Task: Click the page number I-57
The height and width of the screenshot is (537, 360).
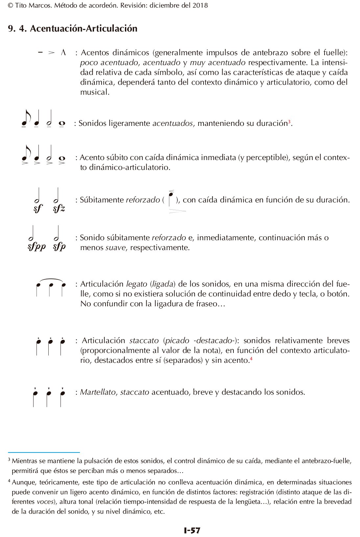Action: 192,530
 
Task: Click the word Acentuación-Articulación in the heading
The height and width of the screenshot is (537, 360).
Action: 84,29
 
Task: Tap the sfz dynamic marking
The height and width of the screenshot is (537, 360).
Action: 59,208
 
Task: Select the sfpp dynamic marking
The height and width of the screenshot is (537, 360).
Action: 36,246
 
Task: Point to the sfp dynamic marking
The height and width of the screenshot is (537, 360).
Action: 59,246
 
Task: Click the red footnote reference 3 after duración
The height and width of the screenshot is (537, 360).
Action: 289,122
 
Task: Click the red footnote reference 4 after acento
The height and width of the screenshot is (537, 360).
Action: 251,359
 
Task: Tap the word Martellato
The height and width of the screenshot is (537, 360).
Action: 98,392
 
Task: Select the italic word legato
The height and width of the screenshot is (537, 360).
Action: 136,284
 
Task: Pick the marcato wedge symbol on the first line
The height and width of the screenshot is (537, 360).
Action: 63,52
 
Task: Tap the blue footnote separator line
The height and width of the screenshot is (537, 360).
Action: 44,453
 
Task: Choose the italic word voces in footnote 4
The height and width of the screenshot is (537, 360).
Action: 44,502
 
